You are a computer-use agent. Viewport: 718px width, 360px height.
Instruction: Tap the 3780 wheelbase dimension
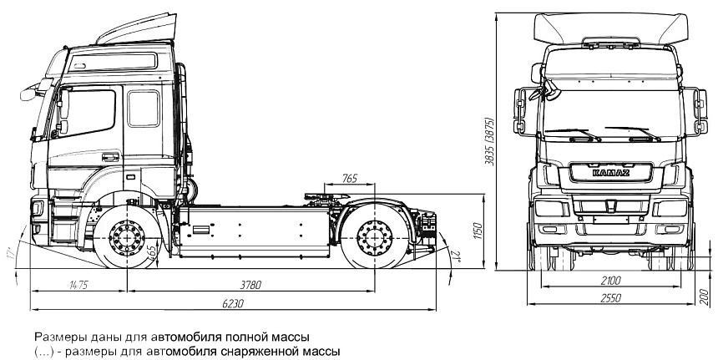(244, 286)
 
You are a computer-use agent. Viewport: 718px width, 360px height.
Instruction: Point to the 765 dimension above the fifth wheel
(349, 178)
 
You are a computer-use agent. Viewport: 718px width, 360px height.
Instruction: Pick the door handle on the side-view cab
(110, 155)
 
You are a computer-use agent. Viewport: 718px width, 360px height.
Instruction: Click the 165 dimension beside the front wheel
(150, 252)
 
